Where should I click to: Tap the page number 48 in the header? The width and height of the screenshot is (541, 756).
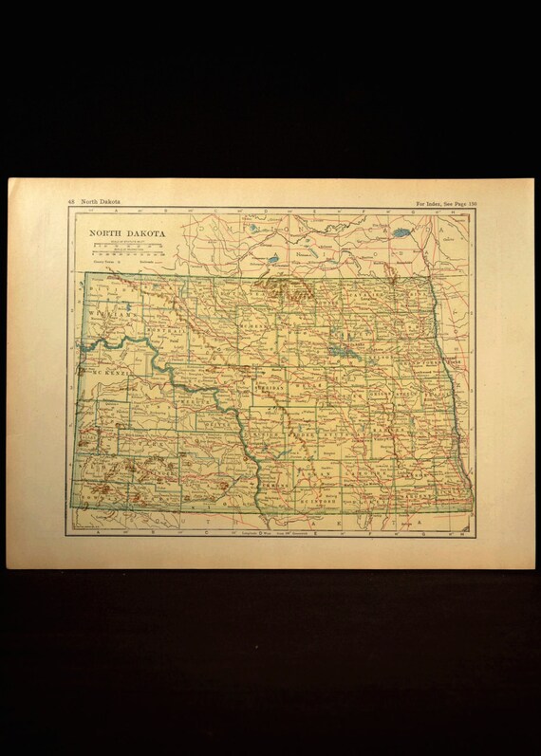click(x=71, y=202)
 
